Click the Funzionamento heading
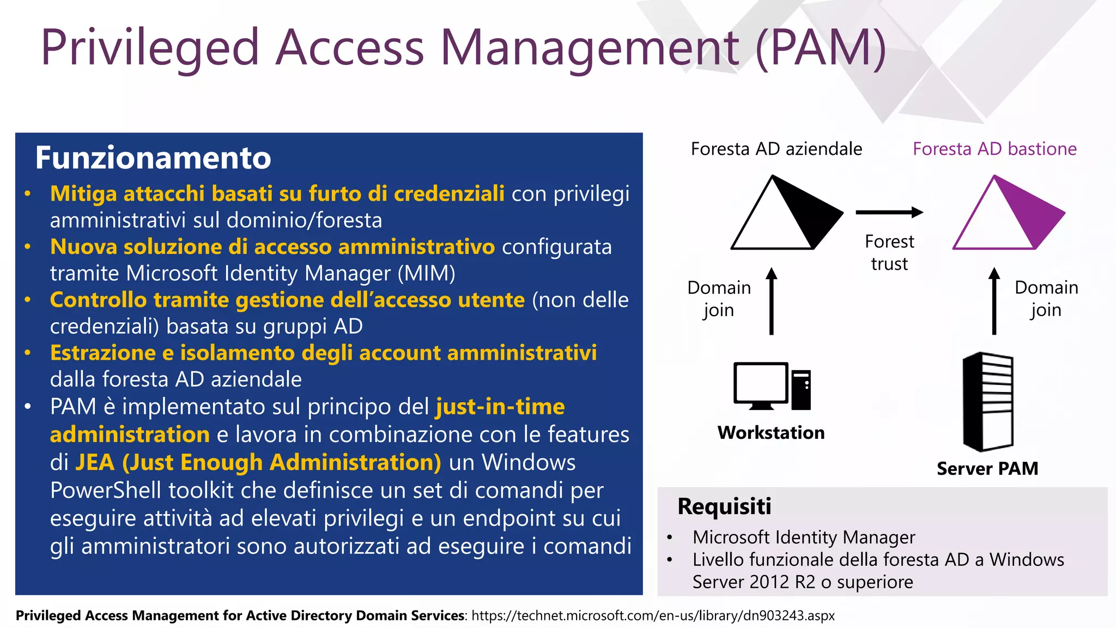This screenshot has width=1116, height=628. pos(153,158)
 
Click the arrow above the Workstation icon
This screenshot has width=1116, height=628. pos(771,301)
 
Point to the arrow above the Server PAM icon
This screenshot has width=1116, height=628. pos(994,301)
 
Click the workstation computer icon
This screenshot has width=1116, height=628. pos(771,386)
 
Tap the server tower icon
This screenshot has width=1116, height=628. pos(987,402)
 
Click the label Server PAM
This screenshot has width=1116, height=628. pos(987,468)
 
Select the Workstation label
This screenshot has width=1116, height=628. pos(771,433)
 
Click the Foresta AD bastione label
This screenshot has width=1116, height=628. pos(994,149)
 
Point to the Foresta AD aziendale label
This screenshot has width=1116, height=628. pos(777,149)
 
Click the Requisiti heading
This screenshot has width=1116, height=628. pos(724,506)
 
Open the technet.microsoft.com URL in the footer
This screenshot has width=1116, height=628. pos(653,615)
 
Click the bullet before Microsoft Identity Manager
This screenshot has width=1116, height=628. pos(670,538)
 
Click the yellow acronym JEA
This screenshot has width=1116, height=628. pos(95,462)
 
